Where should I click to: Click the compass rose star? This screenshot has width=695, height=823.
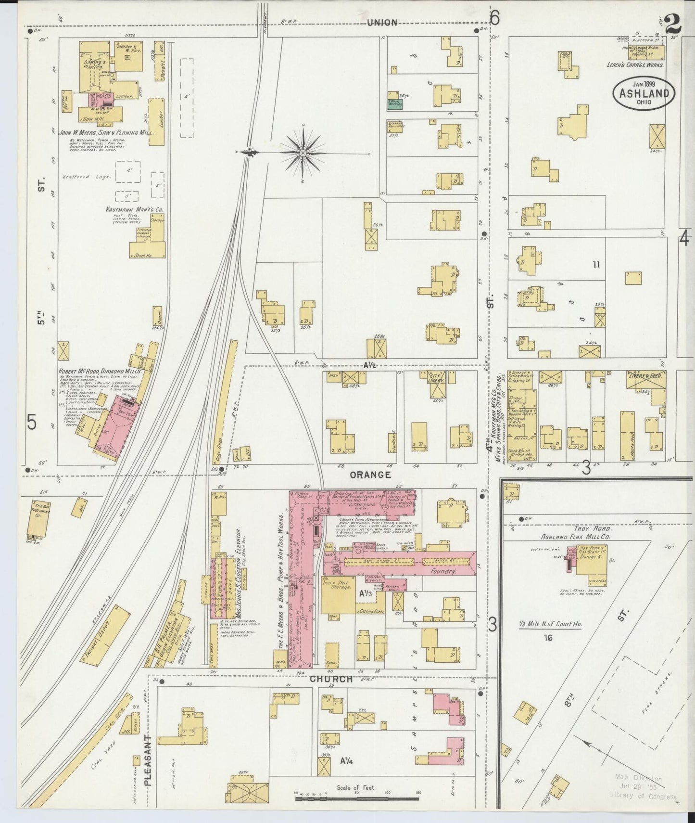(303, 154)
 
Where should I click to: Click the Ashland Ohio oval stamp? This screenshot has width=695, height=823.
(644, 93)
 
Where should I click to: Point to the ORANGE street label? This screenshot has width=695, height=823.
(370, 475)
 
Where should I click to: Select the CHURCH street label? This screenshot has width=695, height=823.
(330, 679)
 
